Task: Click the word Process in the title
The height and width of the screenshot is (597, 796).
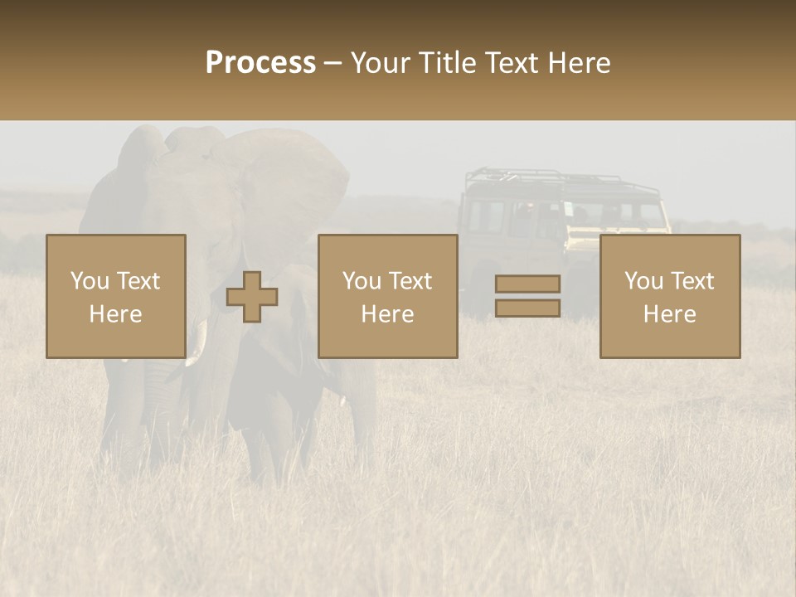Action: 260,63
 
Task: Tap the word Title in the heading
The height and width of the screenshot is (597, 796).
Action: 449,63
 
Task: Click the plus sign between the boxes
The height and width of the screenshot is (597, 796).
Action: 252,297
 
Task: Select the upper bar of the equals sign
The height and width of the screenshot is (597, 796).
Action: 527,284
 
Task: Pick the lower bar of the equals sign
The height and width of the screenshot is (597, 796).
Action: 527,308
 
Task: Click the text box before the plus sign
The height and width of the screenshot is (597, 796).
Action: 115,296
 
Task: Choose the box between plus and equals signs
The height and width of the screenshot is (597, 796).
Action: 387,296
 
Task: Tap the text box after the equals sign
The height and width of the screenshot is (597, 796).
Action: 669,296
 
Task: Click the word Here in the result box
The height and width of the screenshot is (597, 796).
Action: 669,313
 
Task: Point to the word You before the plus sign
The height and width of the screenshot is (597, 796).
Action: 89,281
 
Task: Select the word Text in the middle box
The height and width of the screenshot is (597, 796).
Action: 410,281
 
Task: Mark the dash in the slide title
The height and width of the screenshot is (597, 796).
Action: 333,63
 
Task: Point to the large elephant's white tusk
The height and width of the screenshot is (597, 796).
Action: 197,348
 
